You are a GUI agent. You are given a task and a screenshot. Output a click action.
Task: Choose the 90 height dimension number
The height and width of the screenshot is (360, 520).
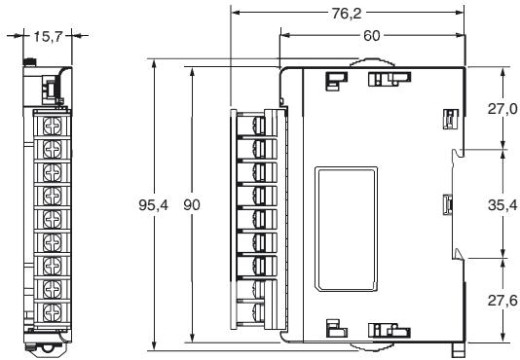(x=194, y=205)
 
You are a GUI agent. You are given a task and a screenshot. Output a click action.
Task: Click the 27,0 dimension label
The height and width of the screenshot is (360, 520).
(x=502, y=109)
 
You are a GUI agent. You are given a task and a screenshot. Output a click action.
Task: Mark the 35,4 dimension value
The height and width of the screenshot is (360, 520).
(x=502, y=205)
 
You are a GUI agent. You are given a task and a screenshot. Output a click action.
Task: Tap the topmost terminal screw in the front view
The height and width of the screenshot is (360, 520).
(x=54, y=126)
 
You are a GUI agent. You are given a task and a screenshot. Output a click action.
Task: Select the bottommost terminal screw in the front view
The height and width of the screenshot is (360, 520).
(x=54, y=312)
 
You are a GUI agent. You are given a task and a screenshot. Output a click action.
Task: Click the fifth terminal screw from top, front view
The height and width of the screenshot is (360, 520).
(x=54, y=219)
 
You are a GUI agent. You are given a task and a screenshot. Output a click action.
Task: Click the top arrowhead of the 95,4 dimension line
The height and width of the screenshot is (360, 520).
(x=156, y=61)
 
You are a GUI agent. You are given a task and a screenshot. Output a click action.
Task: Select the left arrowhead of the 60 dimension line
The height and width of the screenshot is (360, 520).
(x=283, y=34)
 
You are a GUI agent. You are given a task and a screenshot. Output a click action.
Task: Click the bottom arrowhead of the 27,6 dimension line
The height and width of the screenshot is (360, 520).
(x=502, y=340)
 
